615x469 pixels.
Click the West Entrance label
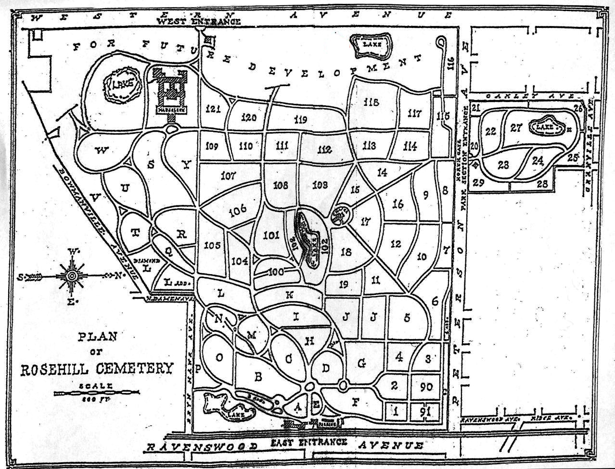point(199,21)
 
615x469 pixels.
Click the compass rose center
point(72,276)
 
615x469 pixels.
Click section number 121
point(212,108)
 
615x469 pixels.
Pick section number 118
point(372,102)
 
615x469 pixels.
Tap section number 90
point(425,387)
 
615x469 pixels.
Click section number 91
point(425,412)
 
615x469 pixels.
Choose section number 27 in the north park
point(516,128)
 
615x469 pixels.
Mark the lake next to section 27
point(547,127)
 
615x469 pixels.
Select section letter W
point(101,151)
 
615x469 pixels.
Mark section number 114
point(410,146)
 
